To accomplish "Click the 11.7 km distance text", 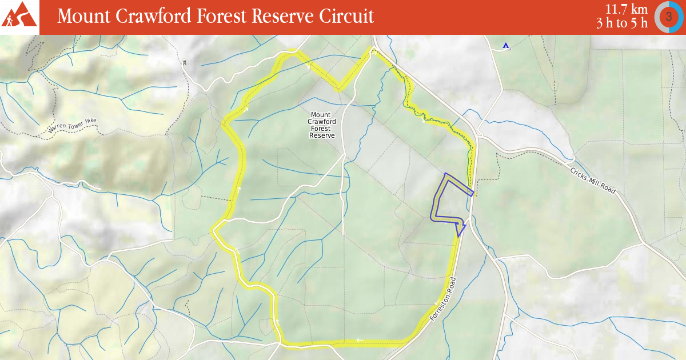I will tap(627, 9).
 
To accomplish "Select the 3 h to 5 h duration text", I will tap(622, 23).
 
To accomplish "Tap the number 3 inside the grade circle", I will tap(668, 17).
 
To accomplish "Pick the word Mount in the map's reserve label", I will tap(321, 115).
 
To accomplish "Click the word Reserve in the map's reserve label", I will tap(321, 135).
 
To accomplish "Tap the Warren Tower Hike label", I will tap(72, 126).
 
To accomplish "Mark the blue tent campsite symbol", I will tap(505, 46).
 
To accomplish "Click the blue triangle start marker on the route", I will tap(460, 230).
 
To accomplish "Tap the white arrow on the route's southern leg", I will tap(360, 341).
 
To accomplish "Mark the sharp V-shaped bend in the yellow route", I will tap(340, 89).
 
